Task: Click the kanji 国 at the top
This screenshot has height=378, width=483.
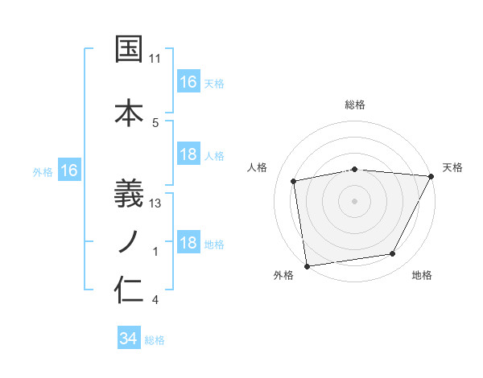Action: pyautogui.click(x=130, y=49)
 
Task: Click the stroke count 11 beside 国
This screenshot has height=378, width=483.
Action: pyautogui.click(x=155, y=59)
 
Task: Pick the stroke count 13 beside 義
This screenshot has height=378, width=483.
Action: pyautogui.click(x=155, y=203)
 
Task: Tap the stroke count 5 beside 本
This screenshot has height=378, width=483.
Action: pyautogui.click(x=155, y=122)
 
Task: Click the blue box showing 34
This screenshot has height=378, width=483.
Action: pyautogui.click(x=128, y=339)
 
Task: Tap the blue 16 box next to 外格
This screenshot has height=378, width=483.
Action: pyautogui.click(x=68, y=171)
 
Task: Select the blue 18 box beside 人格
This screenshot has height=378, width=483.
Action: pyautogui.click(x=188, y=155)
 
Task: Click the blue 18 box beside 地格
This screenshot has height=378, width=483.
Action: pyautogui.click(x=188, y=244)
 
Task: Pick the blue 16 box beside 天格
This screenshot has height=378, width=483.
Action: pyautogui.click(x=188, y=82)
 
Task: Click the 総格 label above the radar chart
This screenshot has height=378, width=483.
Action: pyautogui.click(x=355, y=105)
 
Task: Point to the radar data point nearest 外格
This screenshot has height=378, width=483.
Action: pyautogui.click(x=307, y=265)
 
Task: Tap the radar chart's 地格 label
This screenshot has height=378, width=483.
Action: pyautogui.click(x=422, y=276)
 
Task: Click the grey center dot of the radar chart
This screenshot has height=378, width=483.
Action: pyautogui.click(x=354, y=200)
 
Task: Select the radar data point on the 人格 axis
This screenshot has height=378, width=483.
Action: pyautogui.click(x=294, y=181)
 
